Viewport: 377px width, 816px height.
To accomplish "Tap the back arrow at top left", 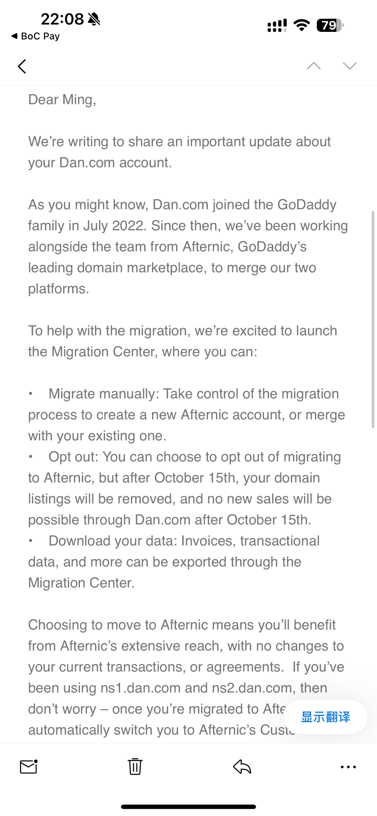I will coord(22,67).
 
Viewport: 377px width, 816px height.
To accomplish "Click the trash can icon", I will coord(135,766).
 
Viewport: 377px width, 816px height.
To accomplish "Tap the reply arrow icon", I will coord(242,766).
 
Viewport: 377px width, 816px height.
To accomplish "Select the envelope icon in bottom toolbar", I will coord(29,766).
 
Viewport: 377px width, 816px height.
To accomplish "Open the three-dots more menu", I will coord(348,767).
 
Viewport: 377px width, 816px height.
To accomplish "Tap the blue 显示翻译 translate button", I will coord(325,717).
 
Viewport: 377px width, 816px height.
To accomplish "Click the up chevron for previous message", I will coord(314,66).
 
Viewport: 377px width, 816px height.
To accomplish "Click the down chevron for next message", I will coord(350,66).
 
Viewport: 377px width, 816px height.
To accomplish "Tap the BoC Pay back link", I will coord(36,36).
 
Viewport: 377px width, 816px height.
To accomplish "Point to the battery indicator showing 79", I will coord(330,25).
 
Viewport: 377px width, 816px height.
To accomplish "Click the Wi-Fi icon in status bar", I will coord(302,25).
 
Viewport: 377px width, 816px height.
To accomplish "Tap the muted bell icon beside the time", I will coord(94,19).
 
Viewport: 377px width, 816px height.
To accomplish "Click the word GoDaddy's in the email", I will coord(272,247).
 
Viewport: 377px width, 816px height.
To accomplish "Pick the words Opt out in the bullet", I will coord(73,457).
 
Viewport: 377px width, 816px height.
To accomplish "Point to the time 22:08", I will coord(62,19).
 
